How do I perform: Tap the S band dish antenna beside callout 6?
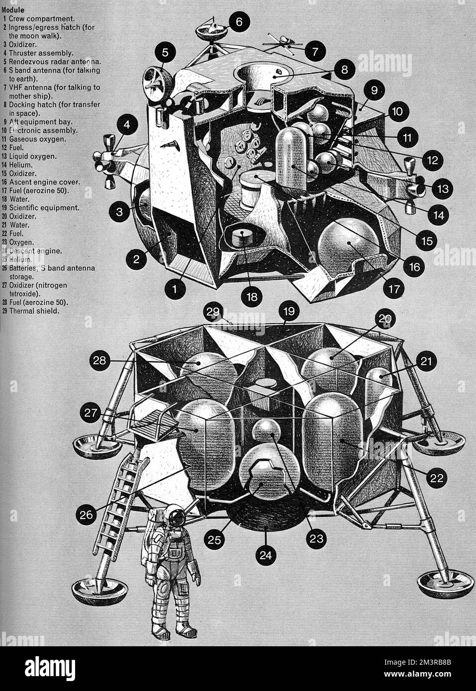(x=210, y=31)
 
